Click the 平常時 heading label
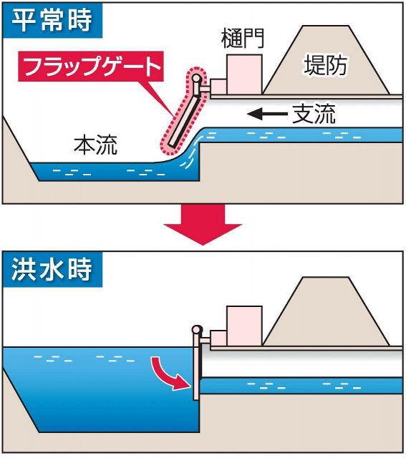point(52,21)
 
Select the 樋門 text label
point(243,38)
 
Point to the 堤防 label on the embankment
point(325,65)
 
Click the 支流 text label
point(314,113)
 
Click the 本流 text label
point(95,145)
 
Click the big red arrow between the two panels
point(203,224)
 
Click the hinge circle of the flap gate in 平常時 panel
point(196,78)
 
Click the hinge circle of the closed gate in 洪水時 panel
point(197,330)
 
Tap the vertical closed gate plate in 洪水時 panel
point(196,367)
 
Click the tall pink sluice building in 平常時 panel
point(244,74)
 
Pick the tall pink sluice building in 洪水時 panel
point(244,326)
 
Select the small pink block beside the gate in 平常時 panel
point(218,87)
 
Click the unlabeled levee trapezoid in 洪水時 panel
point(327,311)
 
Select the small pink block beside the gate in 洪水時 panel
point(218,338)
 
